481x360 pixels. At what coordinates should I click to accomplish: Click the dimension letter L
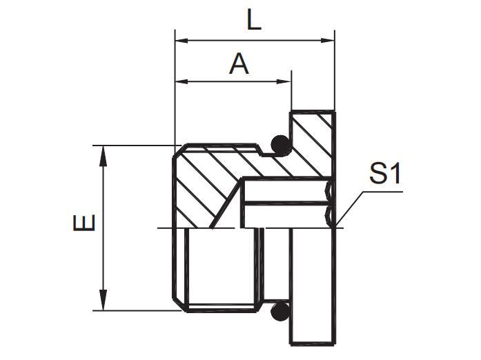[x=254, y=21]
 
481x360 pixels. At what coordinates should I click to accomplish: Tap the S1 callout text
[x=384, y=174]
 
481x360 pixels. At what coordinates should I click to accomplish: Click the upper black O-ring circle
[x=279, y=144]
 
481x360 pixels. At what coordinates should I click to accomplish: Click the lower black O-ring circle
[x=279, y=312]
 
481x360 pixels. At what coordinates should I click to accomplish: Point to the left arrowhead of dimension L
[x=181, y=41]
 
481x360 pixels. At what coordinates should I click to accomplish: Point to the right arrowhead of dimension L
[x=328, y=41]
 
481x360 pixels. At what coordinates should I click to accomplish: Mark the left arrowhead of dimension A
[x=181, y=83]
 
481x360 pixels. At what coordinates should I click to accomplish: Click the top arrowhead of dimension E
[x=104, y=152]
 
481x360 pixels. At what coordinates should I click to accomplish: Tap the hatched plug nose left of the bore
[x=200, y=186]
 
